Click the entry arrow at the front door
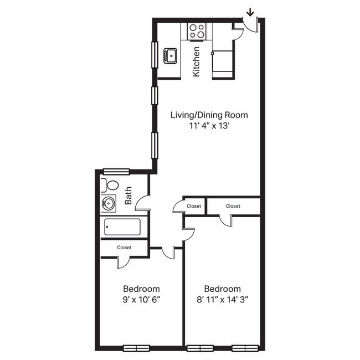(x=250, y=11)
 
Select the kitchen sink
(x=171, y=55)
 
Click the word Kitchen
(x=196, y=61)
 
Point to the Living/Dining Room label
(x=209, y=115)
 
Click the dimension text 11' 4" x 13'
(x=209, y=126)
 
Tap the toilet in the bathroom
(x=110, y=185)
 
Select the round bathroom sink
(x=107, y=204)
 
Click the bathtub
(x=122, y=227)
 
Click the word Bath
(x=128, y=196)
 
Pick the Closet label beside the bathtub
(x=124, y=248)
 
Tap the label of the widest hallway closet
(x=233, y=206)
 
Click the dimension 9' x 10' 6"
(x=141, y=300)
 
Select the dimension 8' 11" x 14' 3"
(x=222, y=300)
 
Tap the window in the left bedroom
(x=136, y=348)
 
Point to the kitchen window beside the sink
(x=155, y=55)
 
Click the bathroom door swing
(x=143, y=202)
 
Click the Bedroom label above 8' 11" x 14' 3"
(x=222, y=289)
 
